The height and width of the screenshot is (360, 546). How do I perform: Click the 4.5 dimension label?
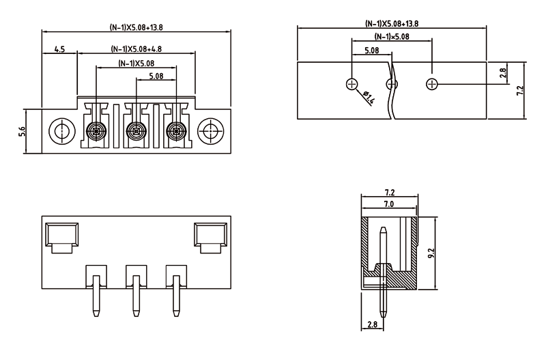(x=59, y=50)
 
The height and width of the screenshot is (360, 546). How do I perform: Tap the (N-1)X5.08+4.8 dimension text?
(x=136, y=49)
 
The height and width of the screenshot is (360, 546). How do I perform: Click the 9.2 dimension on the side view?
(x=431, y=254)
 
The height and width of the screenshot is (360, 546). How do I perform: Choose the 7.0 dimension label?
(x=388, y=204)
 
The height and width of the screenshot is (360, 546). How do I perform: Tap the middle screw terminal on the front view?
(x=136, y=130)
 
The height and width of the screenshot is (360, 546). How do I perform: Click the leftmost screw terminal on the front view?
(x=96, y=130)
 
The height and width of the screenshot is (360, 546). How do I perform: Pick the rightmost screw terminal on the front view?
(x=177, y=130)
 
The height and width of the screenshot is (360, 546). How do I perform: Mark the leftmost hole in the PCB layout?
(x=351, y=84)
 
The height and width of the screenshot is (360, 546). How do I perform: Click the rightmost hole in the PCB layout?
(x=431, y=84)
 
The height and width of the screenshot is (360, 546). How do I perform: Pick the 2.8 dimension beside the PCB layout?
(x=502, y=72)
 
